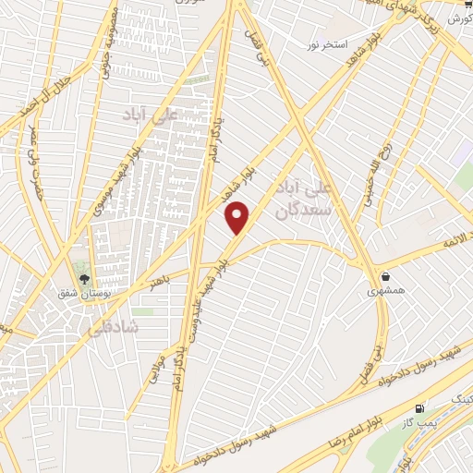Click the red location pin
click(238, 217)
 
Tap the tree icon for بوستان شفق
click(83, 278)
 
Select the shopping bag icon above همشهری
click(384, 276)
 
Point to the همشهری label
click(384, 291)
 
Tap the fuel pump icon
click(421, 407)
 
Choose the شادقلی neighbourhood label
click(111, 328)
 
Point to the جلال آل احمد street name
click(30, 96)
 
